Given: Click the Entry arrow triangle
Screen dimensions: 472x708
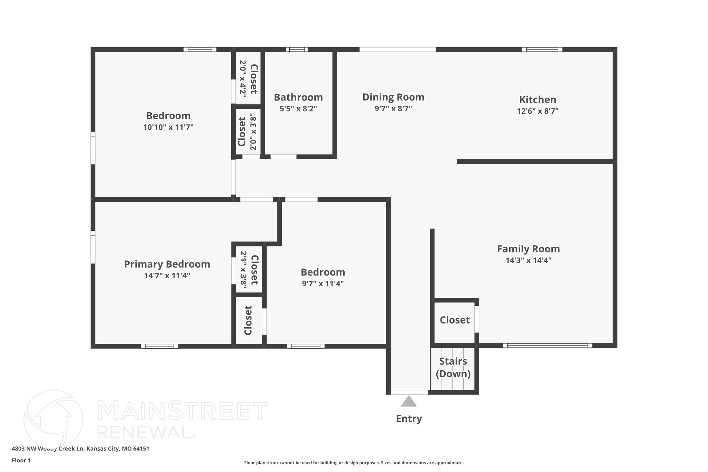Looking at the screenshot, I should (x=409, y=401).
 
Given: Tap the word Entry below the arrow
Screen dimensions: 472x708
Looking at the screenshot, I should (x=409, y=419).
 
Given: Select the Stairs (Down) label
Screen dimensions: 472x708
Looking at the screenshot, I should (x=453, y=368).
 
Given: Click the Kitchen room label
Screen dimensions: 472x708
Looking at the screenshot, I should (x=538, y=100).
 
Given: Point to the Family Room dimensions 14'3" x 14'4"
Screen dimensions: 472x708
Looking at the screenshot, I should (x=528, y=260).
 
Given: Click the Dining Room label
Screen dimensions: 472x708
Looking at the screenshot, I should (x=393, y=97).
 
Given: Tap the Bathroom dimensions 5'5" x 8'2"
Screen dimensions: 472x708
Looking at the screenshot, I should (x=298, y=109).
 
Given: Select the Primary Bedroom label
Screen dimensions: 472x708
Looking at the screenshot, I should (x=167, y=264).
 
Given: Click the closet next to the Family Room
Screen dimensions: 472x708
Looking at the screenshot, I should (x=455, y=320).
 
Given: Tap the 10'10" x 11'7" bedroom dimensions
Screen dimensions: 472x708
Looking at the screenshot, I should (x=168, y=127).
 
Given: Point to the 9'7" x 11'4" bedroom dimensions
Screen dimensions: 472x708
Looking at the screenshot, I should (x=323, y=284).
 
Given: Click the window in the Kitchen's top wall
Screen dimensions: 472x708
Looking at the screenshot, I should (x=542, y=49).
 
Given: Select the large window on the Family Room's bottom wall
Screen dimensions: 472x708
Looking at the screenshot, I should (x=547, y=345).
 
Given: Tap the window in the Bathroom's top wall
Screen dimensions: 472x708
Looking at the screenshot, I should (x=297, y=49).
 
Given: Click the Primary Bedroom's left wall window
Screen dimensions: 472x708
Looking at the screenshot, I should (x=93, y=247).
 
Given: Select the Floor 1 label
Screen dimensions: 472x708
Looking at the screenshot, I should (x=21, y=461).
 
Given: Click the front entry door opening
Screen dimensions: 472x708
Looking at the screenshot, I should (x=409, y=392).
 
